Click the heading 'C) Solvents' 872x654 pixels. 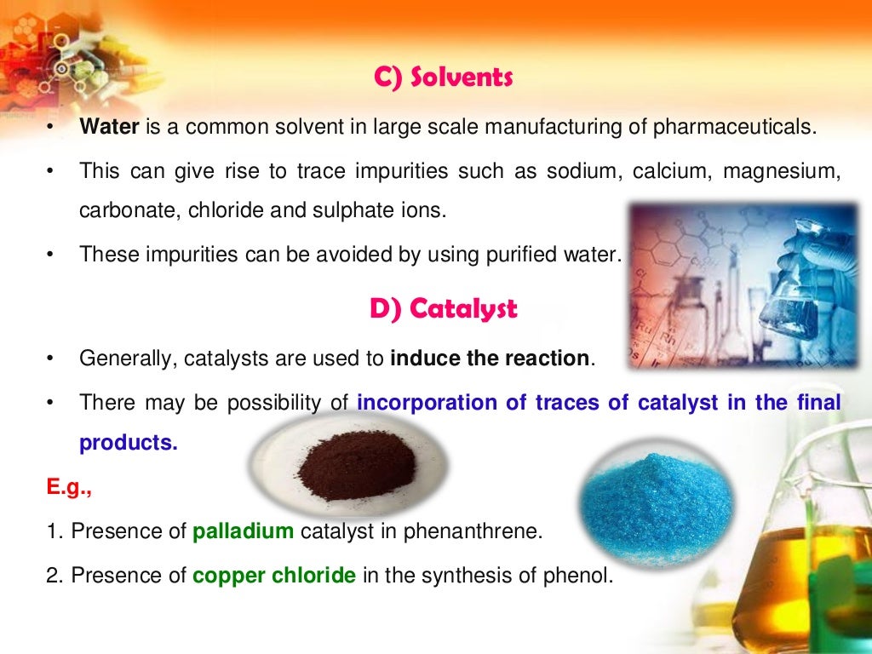click(x=443, y=78)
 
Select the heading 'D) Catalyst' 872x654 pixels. click(x=443, y=308)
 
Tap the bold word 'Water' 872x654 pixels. click(x=110, y=128)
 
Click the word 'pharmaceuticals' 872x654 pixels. click(x=733, y=128)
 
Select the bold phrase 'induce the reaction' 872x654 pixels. click(x=490, y=359)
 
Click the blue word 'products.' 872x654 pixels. click(x=129, y=442)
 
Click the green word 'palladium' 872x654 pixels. click(x=244, y=532)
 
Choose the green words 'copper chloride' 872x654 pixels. click(x=274, y=575)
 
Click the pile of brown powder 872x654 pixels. click(x=355, y=464)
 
